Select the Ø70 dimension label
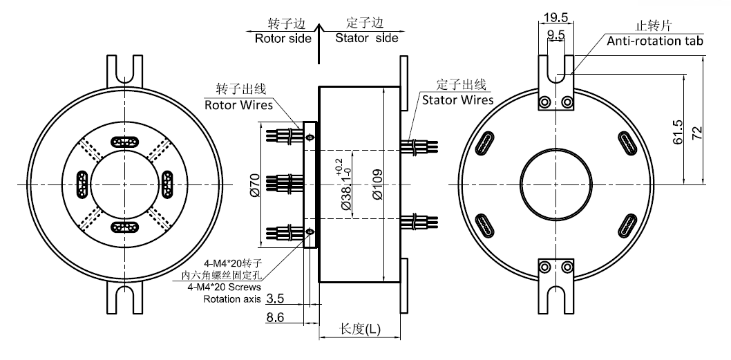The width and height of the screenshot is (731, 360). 255,185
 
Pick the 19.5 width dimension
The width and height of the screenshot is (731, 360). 556,17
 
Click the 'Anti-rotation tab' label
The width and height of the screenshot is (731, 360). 654,41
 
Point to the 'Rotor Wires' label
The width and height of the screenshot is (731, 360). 238,105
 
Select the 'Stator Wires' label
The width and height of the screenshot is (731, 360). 457,100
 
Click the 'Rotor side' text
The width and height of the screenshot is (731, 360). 283,38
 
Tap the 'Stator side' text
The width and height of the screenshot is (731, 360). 366,38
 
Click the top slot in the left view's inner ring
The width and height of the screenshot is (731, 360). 126,142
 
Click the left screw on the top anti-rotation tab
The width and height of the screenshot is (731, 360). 546,102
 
